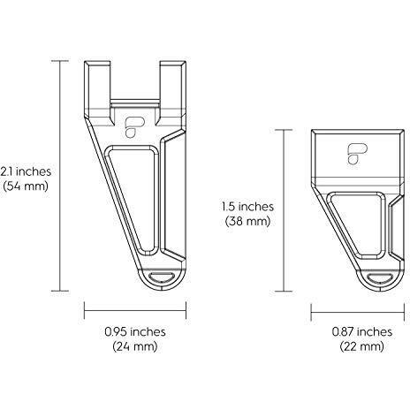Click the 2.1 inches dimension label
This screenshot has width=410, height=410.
26,171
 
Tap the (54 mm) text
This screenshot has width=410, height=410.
26,186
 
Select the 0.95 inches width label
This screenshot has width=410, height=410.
135,332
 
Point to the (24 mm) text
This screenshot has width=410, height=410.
135,346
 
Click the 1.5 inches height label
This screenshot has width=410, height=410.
247,207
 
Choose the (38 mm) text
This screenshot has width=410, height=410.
247,221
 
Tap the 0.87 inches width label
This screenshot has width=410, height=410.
362,332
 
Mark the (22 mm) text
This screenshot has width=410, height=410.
362,346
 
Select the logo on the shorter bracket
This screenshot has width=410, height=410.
357,154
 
